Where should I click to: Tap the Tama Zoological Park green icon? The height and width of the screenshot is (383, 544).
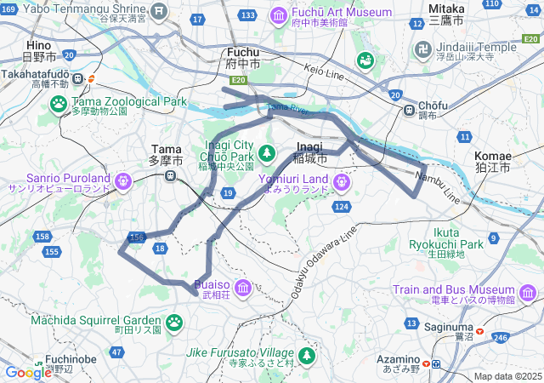pyautogui.click(x=59, y=105)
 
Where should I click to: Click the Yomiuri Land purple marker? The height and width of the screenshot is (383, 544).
pyautogui.click(x=342, y=180)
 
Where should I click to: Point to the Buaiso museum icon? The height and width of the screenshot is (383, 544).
pyautogui.click(x=243, y=288)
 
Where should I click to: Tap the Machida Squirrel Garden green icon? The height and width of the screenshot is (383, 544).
pyautogui.click(x=174, y=322)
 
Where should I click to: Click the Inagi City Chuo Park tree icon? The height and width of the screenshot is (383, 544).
pyautogui.click(x=267, y=151)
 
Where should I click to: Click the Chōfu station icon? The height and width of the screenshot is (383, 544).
pyautogui.click(x=410, y=109)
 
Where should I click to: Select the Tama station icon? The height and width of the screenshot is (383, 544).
pyautogui.click(x=171, y=176)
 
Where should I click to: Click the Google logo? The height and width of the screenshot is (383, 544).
pyautogui.click(x=28, y=371)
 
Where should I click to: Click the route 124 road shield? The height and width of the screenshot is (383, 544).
pyautogui.click(x=342, y=207)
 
